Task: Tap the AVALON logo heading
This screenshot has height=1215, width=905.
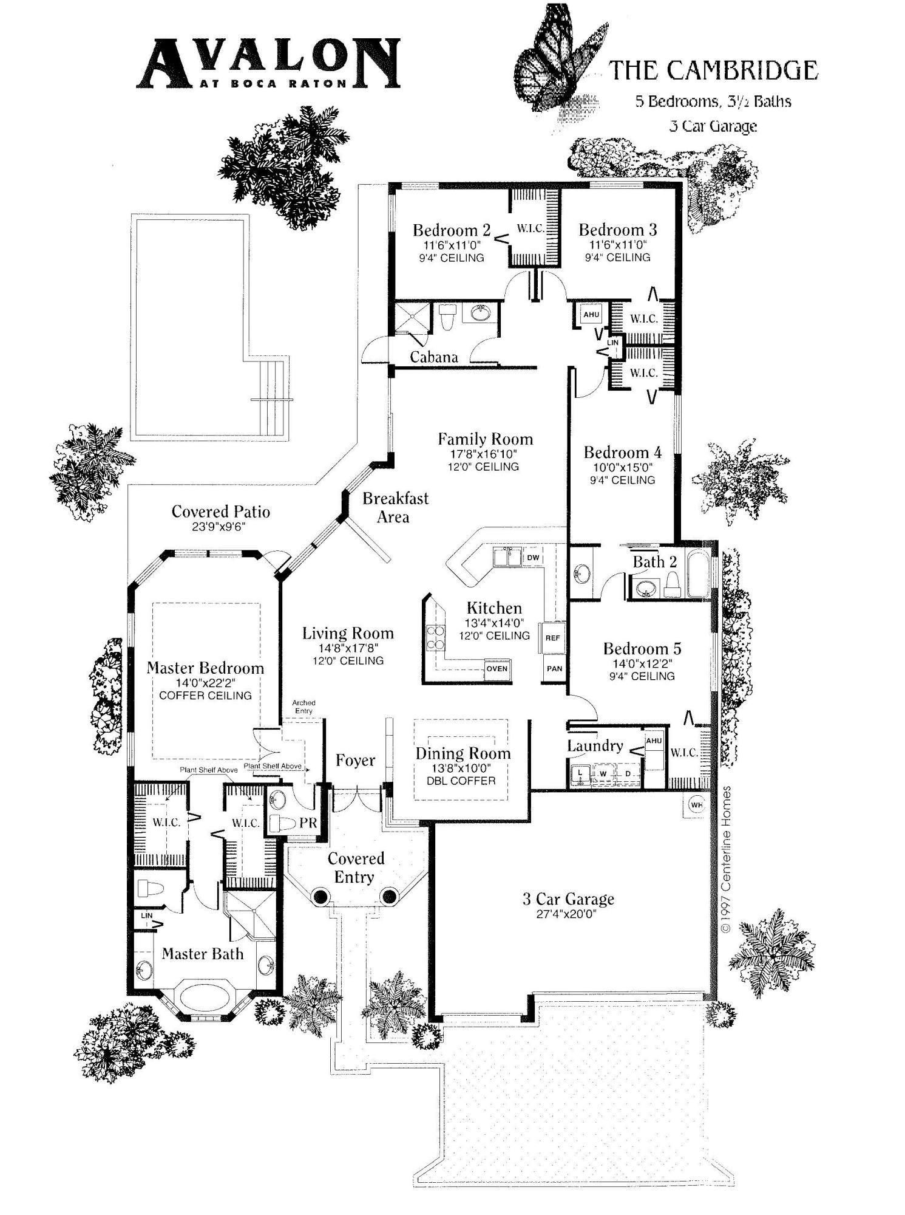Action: [x=268, y=63]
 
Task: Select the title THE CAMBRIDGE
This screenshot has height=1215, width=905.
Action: [x=713, y=70]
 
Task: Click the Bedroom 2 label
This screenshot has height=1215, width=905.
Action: [x=452, y=230]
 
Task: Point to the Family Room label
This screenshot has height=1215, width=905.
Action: [x=486, y=439]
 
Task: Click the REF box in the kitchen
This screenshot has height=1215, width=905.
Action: [x=552, y=638]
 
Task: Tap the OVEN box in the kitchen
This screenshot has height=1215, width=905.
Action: [x=497, y=668]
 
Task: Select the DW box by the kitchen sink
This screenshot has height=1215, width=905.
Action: [x=533, y=558]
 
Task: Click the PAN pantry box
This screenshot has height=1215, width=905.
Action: [x=554, y=668]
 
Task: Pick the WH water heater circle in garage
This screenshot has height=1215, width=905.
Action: [x=696, y=805]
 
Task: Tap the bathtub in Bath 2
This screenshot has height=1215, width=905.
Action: [x=697, y=574]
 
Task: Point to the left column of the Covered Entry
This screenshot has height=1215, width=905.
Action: [x=319, y=895]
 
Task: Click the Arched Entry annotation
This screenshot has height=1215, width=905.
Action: [x=303, y=707]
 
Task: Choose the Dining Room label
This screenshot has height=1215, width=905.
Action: [x=463, y=753]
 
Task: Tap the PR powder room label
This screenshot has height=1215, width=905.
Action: [x=308, y=823]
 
